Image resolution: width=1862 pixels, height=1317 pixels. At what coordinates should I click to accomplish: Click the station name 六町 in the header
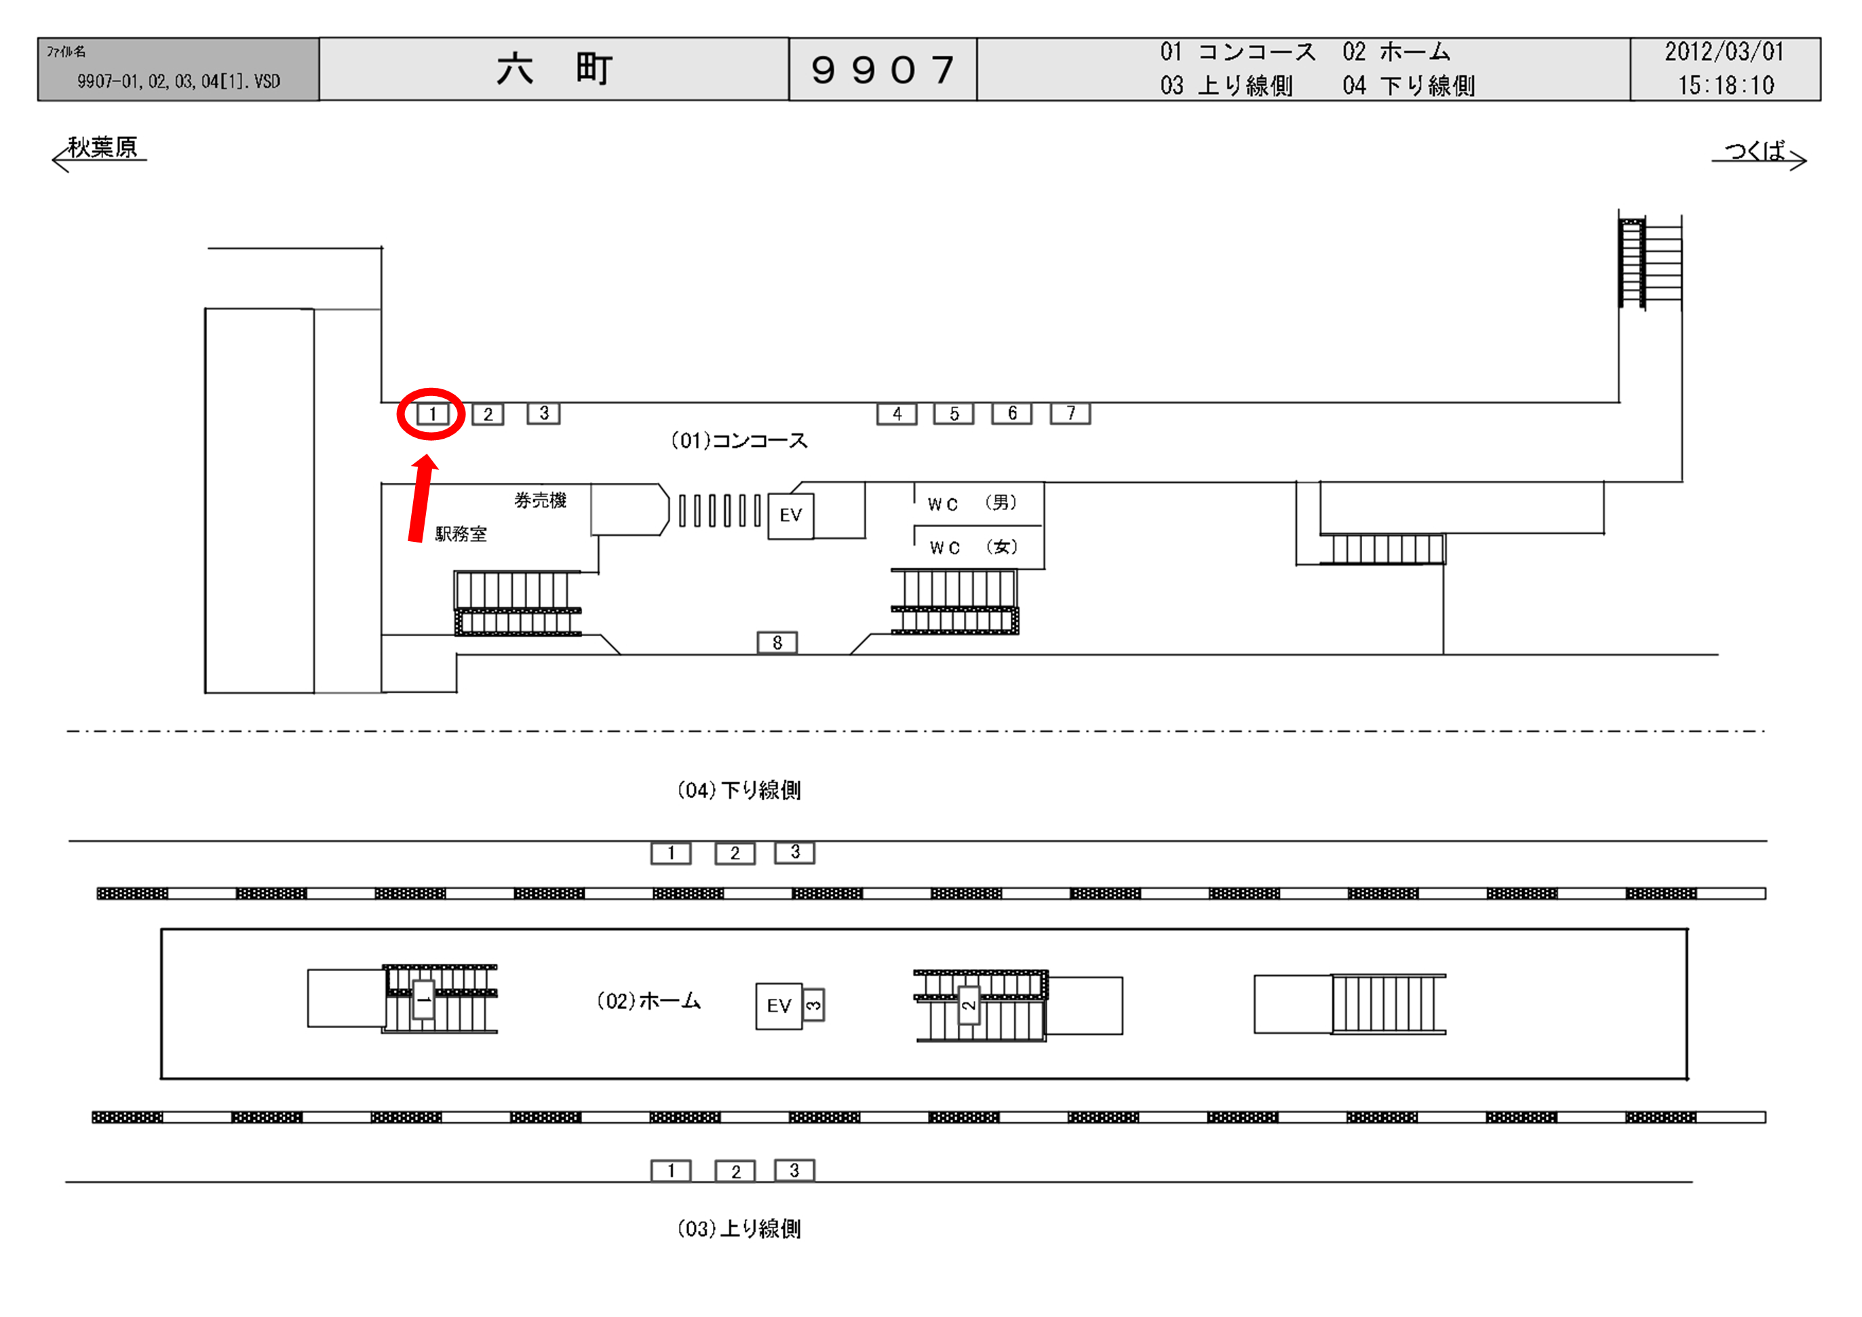(554, 69)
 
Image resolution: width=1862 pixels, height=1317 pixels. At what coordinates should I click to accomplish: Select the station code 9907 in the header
(882, 70)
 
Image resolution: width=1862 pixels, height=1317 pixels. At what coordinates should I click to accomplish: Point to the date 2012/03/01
(1724, 52)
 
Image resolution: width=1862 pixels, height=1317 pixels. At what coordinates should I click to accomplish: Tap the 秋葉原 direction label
(102, 148)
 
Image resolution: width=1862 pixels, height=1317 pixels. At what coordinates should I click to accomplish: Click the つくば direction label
(1754, 151)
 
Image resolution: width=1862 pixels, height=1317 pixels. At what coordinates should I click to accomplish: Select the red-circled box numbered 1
(431, 414)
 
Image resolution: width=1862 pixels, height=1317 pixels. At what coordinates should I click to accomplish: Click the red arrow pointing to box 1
(420, 498)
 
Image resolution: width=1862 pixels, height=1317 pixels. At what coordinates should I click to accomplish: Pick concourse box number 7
(1070, 414)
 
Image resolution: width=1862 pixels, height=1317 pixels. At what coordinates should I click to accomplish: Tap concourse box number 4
(897, 414)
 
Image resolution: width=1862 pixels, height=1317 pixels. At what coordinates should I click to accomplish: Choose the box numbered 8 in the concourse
(777, 643)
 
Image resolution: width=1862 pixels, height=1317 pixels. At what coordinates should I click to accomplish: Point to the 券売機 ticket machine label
(540, 500)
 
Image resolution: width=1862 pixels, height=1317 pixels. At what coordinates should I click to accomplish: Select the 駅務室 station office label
(461, 534)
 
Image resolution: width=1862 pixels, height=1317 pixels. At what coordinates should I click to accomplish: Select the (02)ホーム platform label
(648, 1002)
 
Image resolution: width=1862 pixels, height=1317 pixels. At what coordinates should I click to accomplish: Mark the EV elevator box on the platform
(779, 1006)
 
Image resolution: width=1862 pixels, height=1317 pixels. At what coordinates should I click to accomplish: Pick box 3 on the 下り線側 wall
(795, 852)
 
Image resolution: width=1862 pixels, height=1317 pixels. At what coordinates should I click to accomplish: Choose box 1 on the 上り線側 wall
(671, 1171)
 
